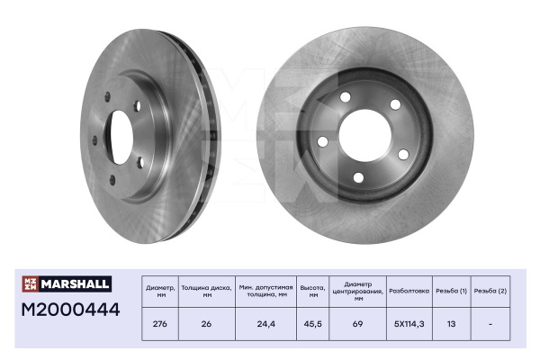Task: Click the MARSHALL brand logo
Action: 67,283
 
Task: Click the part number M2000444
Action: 70,310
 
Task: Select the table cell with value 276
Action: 160,324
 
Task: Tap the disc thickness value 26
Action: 206,324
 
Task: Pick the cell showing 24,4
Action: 265,324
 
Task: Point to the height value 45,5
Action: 312,324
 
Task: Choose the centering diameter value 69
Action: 358,324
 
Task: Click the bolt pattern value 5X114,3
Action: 409,324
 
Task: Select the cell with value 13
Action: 451,324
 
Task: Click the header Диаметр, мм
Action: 160,291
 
